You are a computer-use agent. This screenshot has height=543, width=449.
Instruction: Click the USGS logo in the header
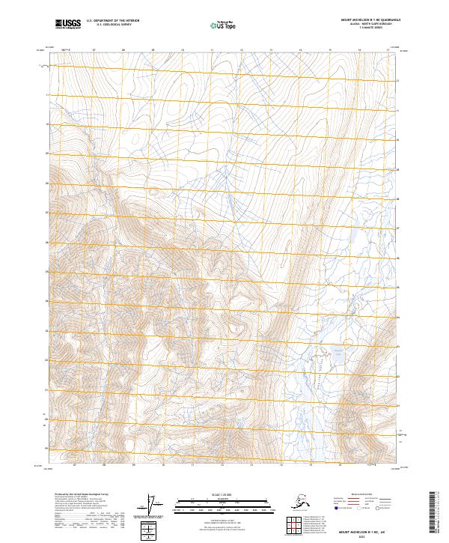pos(68,24)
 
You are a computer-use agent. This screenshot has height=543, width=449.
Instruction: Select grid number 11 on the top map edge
pos(212,51)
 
